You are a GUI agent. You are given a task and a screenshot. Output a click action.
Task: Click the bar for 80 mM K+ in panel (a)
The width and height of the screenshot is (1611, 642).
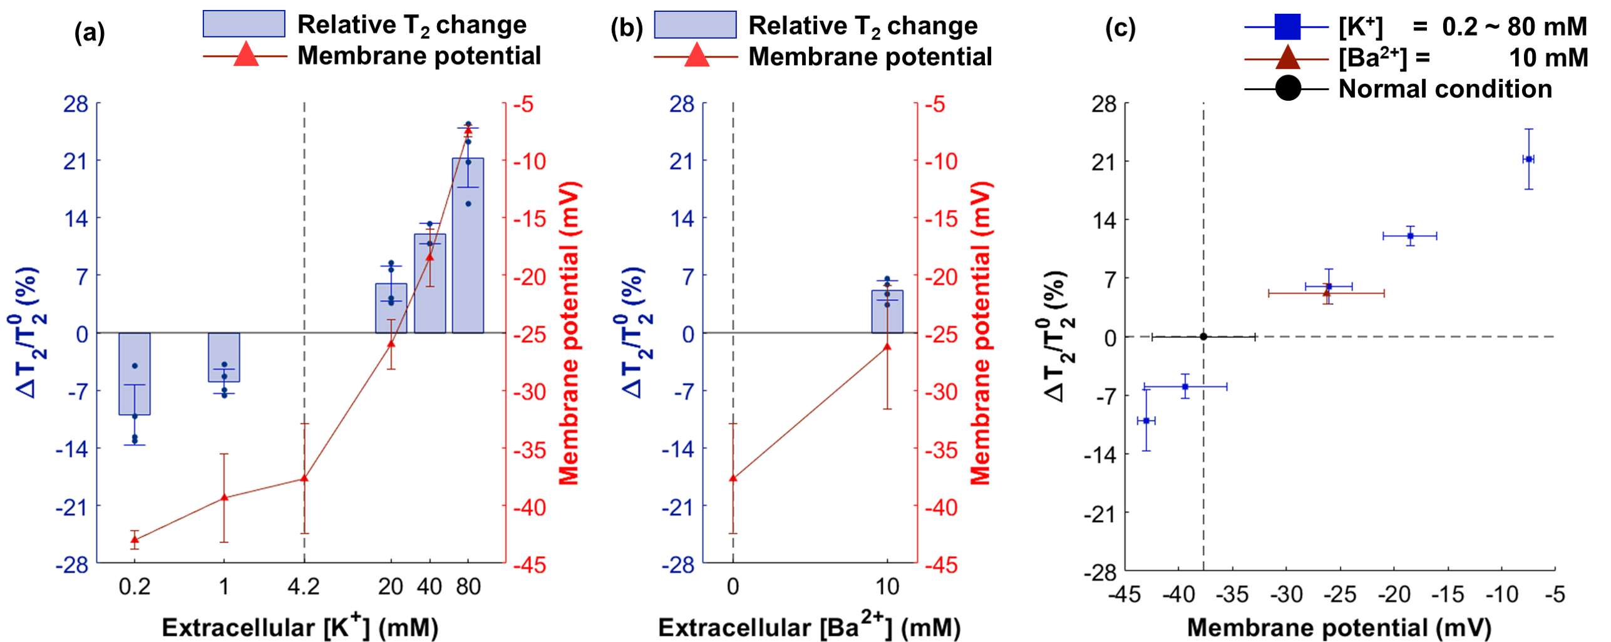(x=468, y=250)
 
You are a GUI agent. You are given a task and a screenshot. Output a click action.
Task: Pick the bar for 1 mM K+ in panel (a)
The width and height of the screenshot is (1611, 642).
(x=224, y=357)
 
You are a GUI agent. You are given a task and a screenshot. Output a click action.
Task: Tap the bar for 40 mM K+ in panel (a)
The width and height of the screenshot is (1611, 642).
(x=430, y=288)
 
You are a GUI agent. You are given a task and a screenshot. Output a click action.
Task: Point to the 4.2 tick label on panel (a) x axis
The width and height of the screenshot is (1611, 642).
(x=304, y=587)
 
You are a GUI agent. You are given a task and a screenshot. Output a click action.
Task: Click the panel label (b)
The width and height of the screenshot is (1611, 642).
(x=626, y=29)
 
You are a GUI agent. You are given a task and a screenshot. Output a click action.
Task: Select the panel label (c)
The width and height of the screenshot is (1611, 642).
(x=1120, y=28)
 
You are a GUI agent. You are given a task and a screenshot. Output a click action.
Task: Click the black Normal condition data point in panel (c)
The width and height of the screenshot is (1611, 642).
(x=1203, y=337)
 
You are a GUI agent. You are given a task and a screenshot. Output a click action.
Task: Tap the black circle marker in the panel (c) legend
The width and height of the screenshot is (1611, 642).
(x=1287, y=88)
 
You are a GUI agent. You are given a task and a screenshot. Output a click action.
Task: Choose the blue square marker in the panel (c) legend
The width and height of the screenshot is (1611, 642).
(x=1287, y=26)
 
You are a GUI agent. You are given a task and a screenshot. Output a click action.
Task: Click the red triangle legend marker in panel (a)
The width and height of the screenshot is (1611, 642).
(x=245, y=55)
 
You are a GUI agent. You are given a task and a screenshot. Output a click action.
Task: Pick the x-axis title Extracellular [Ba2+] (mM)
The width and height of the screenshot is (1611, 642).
(x=809, y=626)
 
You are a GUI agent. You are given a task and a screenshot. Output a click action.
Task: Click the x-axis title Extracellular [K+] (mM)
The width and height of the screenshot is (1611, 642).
(x=300, y=626)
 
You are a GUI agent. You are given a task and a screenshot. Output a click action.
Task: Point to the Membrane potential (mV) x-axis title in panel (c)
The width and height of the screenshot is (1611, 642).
(x=1339, y=628)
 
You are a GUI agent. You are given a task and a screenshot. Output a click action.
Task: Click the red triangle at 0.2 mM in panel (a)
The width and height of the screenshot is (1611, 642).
(x=135, y=539)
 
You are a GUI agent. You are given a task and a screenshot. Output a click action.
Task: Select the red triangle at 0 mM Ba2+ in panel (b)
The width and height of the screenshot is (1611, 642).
(x=733, y=478)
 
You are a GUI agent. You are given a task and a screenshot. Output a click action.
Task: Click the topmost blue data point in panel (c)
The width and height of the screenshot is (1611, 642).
(x=1528, y=159)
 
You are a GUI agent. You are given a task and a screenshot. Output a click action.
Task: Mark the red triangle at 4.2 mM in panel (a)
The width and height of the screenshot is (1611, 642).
(x=304, y=478)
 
